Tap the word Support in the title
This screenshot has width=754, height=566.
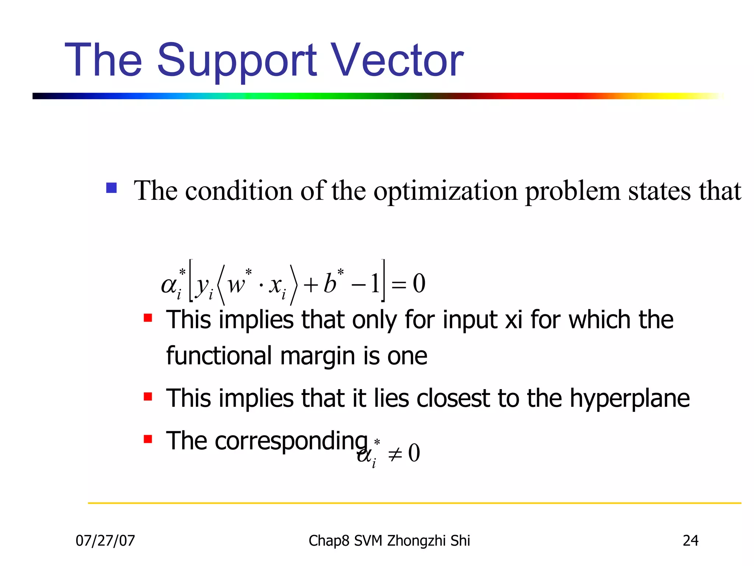coord(236,61)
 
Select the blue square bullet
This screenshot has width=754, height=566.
coord(111,188)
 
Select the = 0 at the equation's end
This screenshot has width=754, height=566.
coord(409,284)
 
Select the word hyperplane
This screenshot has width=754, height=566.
coord(630,399)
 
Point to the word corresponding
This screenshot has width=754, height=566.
coord(291,441)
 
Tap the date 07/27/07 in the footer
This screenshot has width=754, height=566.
coord(105,541)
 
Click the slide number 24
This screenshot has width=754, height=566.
coord(690,541)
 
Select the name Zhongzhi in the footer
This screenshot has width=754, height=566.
coord(416,541)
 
